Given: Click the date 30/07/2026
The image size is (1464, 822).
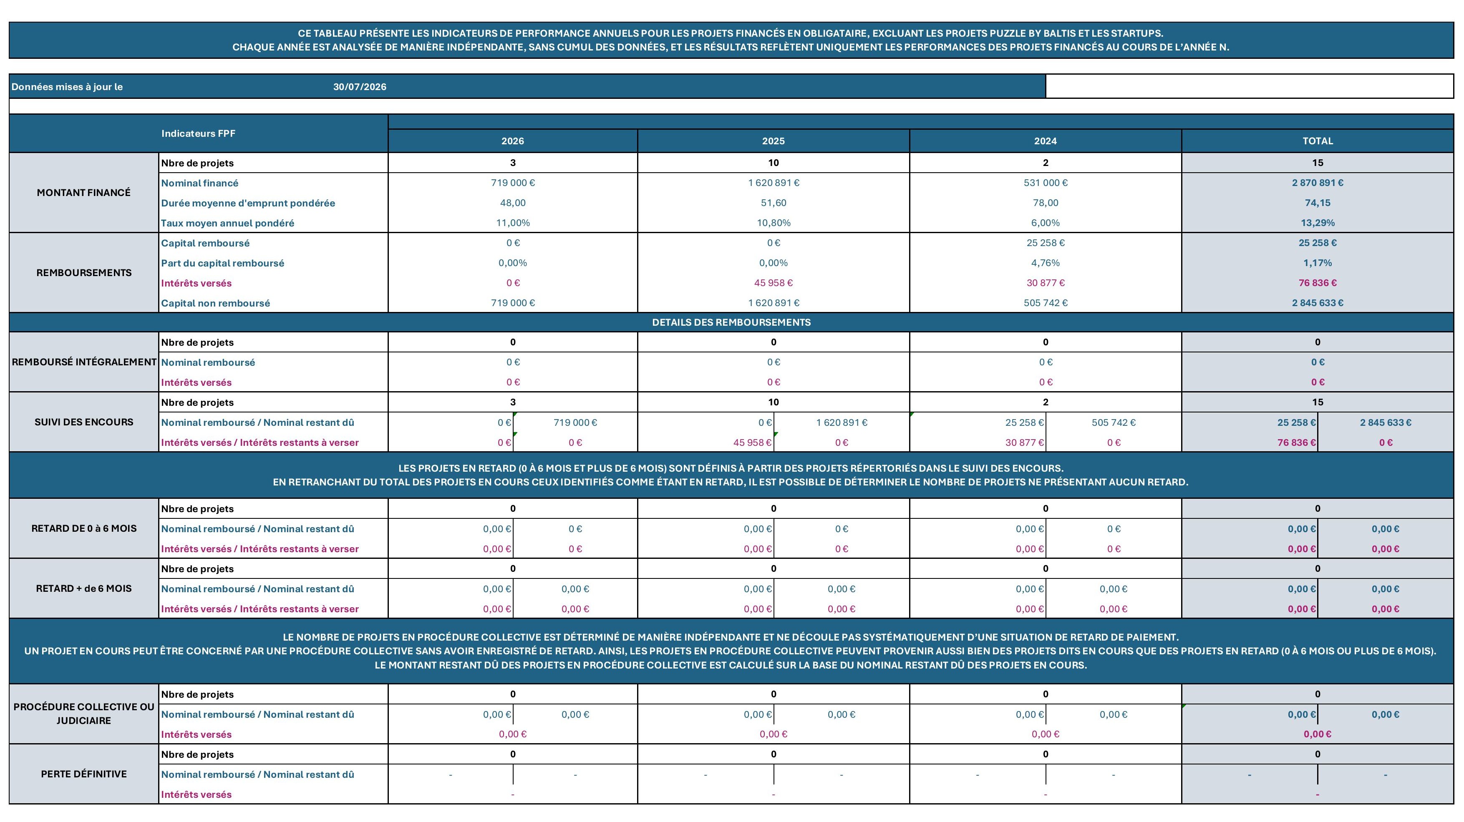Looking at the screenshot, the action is pyautogui.click(x=360, y=87).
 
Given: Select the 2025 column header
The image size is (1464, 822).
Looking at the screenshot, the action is pyautogui.click(x=774, y=141).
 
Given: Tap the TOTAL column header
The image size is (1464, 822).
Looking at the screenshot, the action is pyautogui.click(x=1318, y=141).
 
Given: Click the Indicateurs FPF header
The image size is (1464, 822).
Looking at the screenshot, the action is pyautogui.click(x=198, y=133).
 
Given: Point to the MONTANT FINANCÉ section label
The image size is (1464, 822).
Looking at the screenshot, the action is pyautogui.click(x=83, y=193).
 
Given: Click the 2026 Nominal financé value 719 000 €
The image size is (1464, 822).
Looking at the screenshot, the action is pyautogui.click(x=513, y=183).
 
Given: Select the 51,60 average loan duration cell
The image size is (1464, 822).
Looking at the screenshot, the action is pyautogui.click(x=774, y=203).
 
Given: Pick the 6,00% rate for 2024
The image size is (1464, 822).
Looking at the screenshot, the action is pyautogui.click(x=1045, y=223).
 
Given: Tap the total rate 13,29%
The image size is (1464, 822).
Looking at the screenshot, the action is pyautogui.click(x=1318, y=223).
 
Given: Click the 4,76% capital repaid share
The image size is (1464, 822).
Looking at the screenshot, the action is pyautogui.click(x=1045, y=263).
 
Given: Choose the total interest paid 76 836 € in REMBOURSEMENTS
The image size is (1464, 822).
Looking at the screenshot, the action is pyautogui.click(x=1318, y=283).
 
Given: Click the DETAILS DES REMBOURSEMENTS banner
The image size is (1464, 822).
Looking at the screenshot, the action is pyautogui.click(x=731, y=322).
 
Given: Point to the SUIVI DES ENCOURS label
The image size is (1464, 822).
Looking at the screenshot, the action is pyautogui.click(x=83, y=422).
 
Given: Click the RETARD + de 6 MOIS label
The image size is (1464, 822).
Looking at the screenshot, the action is pyautogui.click(x=83, y=588).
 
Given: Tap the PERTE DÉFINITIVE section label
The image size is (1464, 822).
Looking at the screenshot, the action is pyautogui.click(x=83, y=774).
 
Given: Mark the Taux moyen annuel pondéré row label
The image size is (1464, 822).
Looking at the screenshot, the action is pyautogui.click(x=227, y=223).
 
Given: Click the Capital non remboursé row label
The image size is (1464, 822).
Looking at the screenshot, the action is pyautogui.click(x=215, y=303).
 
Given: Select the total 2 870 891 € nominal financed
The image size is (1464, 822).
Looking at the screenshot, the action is pyautogui.click(x=1318, y=183).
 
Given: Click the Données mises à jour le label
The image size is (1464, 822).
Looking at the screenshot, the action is pyautogui.click(x=67, y=87).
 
